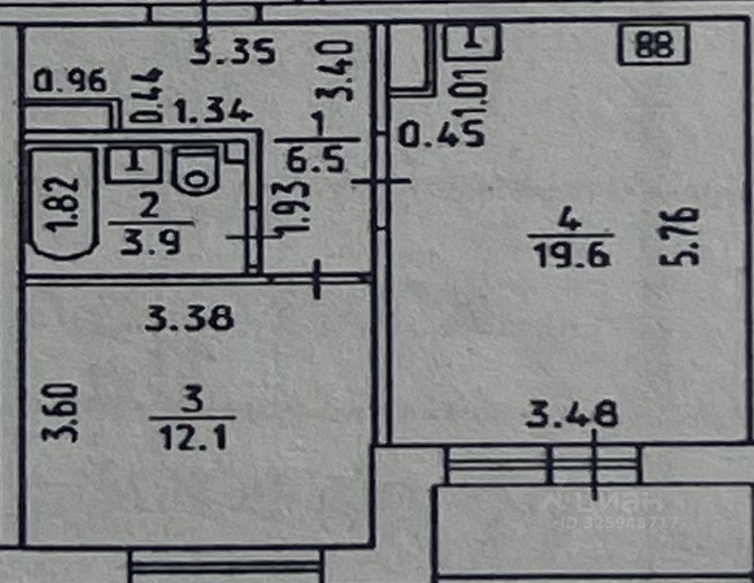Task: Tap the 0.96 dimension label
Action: pos(70,82)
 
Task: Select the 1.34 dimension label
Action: pos(214,113)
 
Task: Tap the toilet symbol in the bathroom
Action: pos(196,171)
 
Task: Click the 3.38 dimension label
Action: pos(188,320)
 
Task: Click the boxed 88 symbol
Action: pos(654,45)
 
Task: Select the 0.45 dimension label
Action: pos(442,134)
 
